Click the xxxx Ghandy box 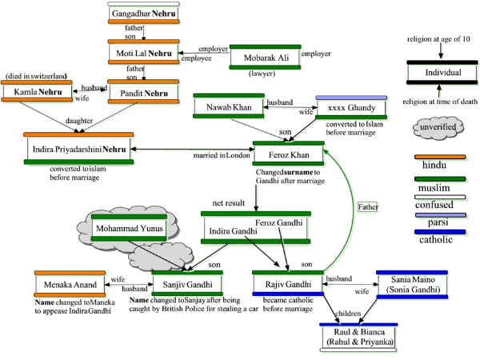353,109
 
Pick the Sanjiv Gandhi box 187,284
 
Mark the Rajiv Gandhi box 287,284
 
